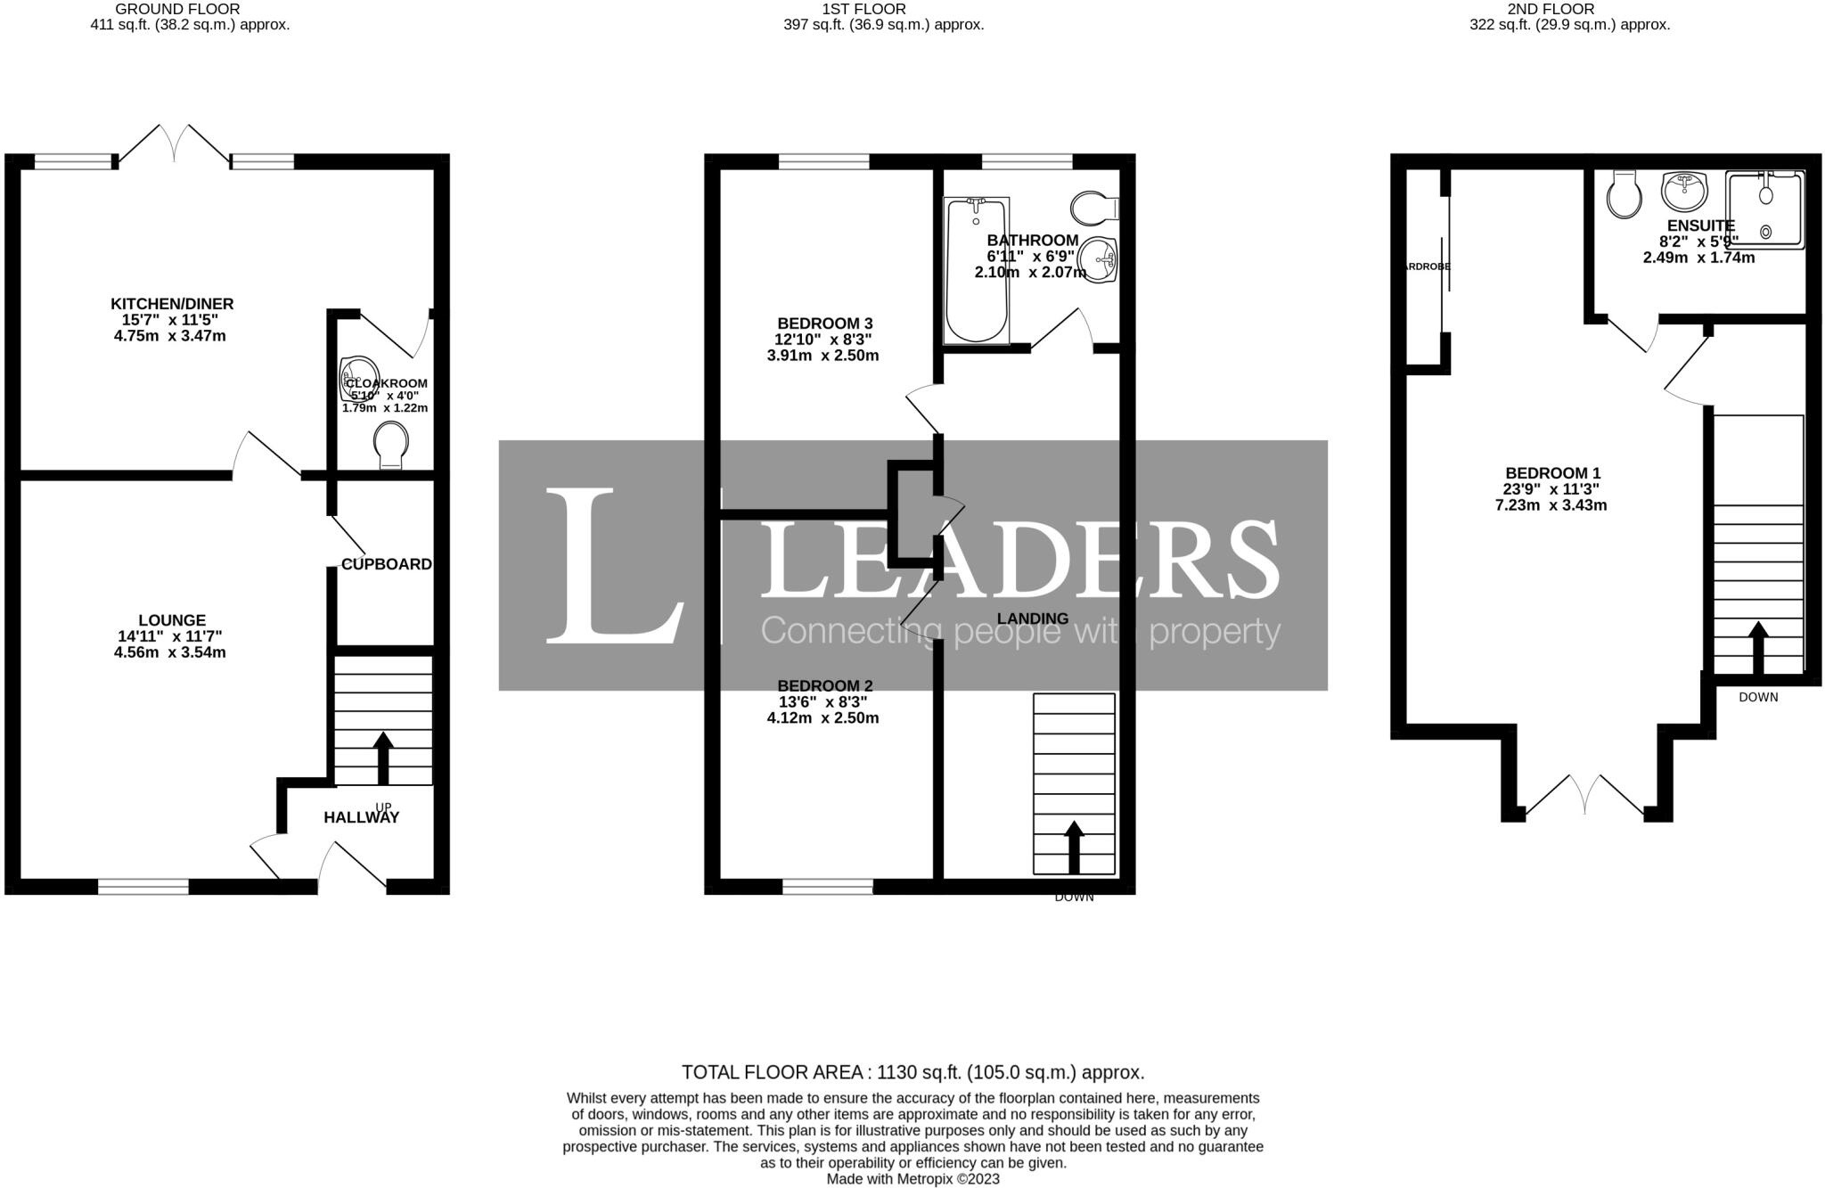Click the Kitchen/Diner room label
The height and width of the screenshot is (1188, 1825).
(x=172, y=305)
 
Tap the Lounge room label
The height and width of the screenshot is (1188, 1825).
(x=172, y=620)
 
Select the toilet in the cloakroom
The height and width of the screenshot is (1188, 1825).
(x=390, y=444)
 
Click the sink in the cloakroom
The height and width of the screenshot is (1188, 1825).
(x=358, y=374)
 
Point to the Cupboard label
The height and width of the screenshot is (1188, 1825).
(x=386, y=564)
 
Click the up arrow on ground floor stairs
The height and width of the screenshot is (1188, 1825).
(x=383, y=758)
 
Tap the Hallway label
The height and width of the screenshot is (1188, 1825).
(x=361, y=817)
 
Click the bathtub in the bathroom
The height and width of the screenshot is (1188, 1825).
(x=976, y=269)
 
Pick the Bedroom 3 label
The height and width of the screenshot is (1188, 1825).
(x=824, y=324)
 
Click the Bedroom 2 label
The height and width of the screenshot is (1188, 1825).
(x=824, y=686)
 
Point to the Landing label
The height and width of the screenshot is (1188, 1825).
(x=1032, y=619)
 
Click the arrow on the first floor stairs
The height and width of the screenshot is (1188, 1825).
(x=1074, y=847)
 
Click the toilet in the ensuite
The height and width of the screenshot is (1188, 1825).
(x=1624, y=195)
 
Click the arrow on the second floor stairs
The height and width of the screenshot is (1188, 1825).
(x=1757, y=647)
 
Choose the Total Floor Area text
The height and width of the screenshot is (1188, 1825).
(x=912, y=1072)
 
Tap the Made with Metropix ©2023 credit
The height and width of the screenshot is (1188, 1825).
(x=912, y=1179)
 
